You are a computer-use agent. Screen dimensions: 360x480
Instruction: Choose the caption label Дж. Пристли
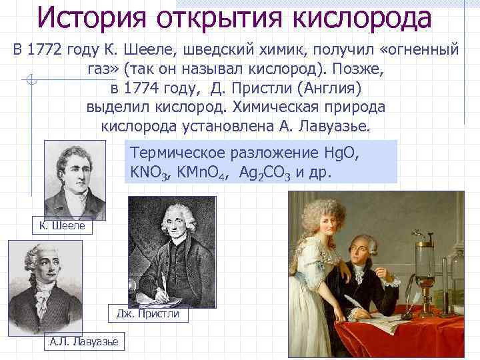coord(147,313)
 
